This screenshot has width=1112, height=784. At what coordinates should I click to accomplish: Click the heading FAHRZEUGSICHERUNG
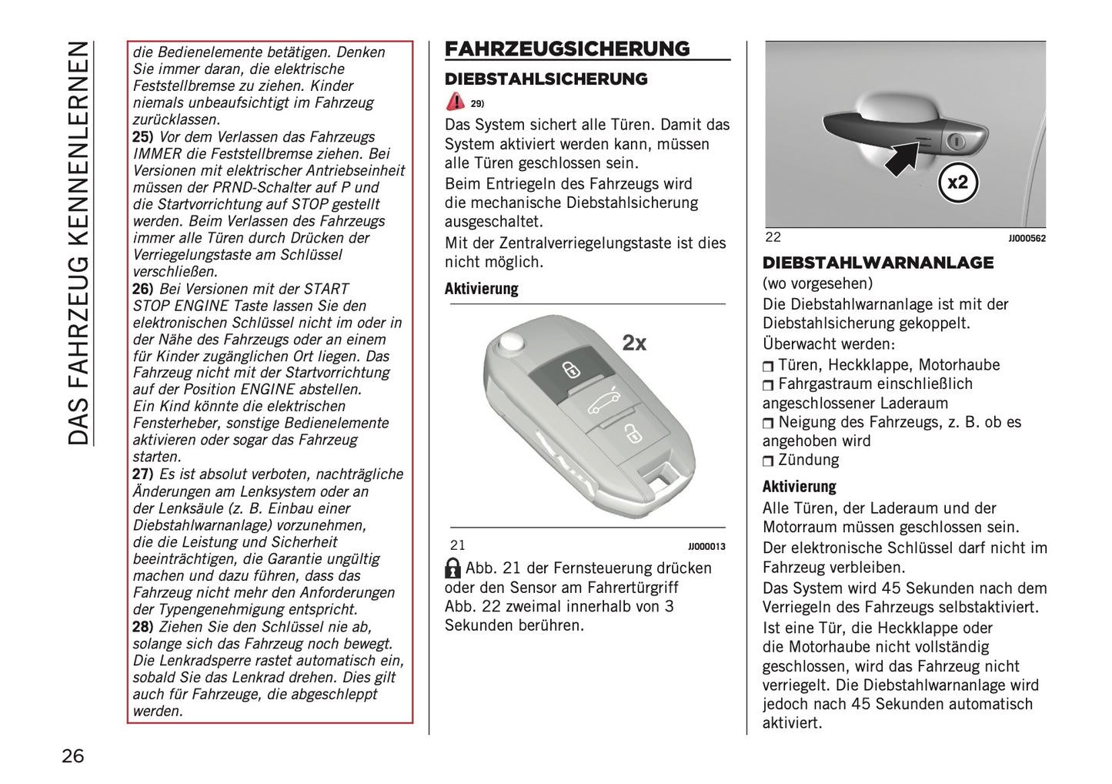pos(567,49)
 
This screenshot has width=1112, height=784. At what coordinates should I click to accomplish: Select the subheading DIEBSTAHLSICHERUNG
pos(546,79)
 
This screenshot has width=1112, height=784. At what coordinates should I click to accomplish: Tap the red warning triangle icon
pos(456,102)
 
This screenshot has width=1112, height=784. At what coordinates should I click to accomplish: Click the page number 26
pos(73,756)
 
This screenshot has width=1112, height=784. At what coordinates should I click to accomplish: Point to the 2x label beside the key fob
pos(634,343)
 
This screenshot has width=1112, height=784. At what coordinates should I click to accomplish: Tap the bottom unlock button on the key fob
pos(631,435)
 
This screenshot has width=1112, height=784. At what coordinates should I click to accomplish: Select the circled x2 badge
pos(957,183)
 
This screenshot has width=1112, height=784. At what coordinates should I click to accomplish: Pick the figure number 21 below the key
pos(458,545)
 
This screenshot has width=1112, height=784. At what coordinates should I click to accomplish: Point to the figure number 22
pos(773,237)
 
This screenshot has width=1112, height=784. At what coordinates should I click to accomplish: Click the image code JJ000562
pos(1027,239)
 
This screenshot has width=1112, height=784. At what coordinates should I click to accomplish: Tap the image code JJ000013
pos(706,547)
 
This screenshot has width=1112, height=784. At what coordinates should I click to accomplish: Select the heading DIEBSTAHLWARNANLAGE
pos(878,263)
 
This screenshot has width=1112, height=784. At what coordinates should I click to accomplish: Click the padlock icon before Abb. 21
pos(453,569)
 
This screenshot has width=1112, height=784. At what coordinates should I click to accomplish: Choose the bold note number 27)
pos(143,474)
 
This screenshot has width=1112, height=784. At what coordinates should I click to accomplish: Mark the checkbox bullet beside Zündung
pos(768,461)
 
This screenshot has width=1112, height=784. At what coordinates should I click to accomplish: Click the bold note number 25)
pos(143,137)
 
